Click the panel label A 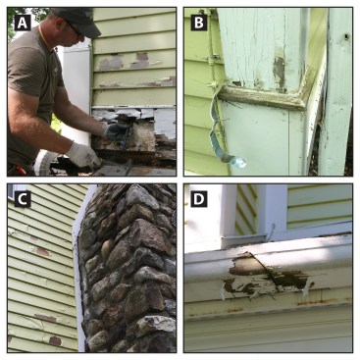[23, 23]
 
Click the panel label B [199, 23]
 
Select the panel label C [23, 199]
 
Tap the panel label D [199, 199]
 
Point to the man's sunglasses [76, 30]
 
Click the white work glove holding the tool [82, 155]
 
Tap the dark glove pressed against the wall [115, 130]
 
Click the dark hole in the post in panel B [346, 36]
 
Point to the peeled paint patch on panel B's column [279, 73]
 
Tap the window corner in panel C [11, 191]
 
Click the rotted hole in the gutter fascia [268, 274]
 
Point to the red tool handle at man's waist [22, 170]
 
